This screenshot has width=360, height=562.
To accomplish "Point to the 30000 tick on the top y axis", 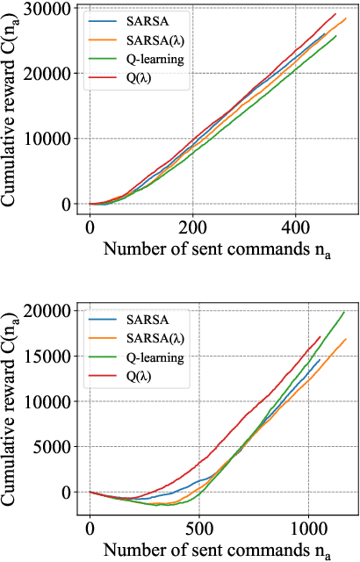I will click(54, 8).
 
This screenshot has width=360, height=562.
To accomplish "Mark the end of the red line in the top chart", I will click(336, 13).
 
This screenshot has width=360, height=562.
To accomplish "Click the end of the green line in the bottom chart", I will click(344, 312).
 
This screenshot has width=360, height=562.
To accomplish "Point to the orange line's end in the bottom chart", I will click(347, 339).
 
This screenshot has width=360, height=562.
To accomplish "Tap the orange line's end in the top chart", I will click(346, 18).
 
